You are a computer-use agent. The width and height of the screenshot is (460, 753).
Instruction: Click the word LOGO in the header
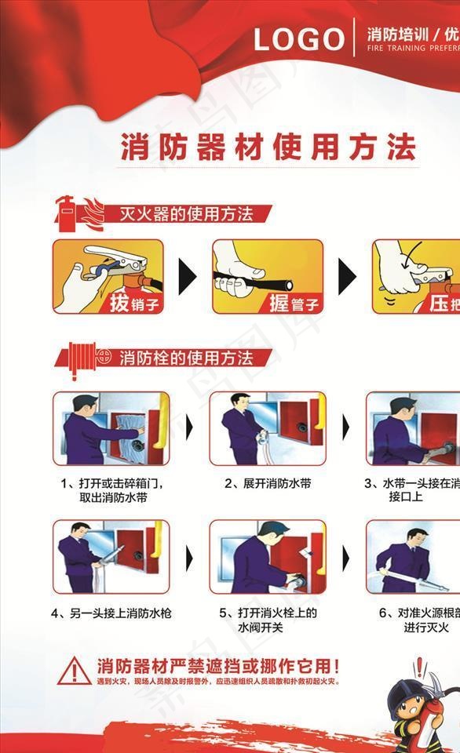pyautogui.click(x=298, y=39)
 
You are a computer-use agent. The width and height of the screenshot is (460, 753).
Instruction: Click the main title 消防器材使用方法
pyautogui.click(x=268, y=147)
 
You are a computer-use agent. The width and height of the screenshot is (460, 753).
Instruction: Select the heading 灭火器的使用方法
pyautogui.click(x=185, y=213)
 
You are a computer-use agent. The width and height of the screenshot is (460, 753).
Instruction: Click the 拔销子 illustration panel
pyautogui.click(x=108, y=276)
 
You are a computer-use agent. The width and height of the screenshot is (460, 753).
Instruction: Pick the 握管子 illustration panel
pyautogui.click(x=268, y=276)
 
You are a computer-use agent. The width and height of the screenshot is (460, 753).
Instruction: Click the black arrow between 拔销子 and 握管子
pyautogui.click(x=187, y=277)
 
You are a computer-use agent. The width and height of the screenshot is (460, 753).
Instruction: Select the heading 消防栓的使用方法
pyautogui.click(x=185, y=359)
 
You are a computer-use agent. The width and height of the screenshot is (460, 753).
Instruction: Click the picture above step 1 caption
pyautogui.click(x=111, y=428)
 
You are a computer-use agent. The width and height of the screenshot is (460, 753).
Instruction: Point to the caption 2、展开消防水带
pyautogui.click(x=268, y=484)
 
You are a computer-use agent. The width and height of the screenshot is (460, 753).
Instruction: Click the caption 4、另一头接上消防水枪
pyautogui.click(x=111, y=613)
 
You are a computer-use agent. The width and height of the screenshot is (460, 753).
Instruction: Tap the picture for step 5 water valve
pyautogui.click(x=267, y=556)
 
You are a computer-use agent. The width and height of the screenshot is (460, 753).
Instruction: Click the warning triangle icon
pyautogui.click(x=74, y=670)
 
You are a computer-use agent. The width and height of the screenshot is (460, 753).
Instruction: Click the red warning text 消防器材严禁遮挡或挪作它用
pyautogui.click(x=217, y=667)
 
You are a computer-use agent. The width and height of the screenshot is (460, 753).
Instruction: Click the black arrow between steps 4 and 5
pyautogui.click(x=188, y=558)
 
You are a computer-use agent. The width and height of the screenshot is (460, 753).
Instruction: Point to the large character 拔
pyautogui.click(x=119, y=303)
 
